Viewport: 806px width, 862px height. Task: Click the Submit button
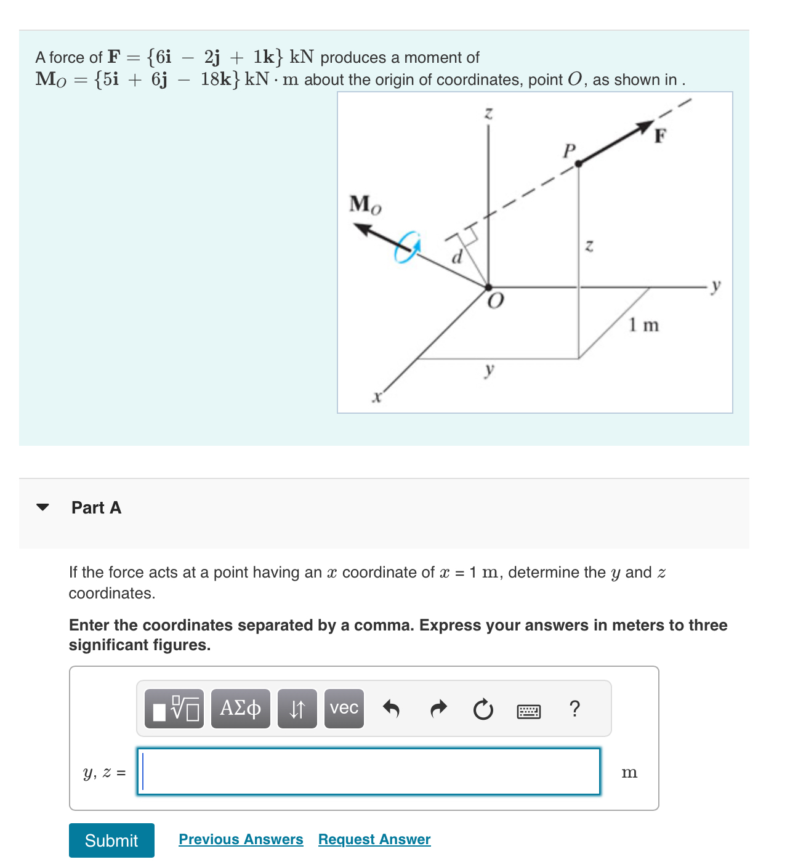pyautogui.click(x=111, y=840)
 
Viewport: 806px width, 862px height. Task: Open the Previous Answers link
pyautogui.click(x=241, y=839)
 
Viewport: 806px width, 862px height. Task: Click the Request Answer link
pyautogui.click(x=374, y=839)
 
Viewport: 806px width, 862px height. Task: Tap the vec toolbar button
pyautogui.click(x=344, y=709)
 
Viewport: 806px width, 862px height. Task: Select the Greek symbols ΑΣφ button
pyautogui.click(x=240, y=709)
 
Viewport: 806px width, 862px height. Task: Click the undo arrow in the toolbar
pyautogui.click(x=391, y=709)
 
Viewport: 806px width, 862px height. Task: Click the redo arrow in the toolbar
pyautogui.click(x=438, y=709)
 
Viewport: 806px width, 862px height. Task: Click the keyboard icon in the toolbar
pyautogui.click(x=528, y=712)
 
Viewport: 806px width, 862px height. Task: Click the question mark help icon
pyautogui.click(x=574, y=709)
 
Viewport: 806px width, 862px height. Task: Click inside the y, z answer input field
pyautogui.click(x=368, y=771)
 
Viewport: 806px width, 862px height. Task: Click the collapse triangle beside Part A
pyautogui.click(x=42, y=507)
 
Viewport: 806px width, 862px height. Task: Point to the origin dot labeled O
pyautogui.click(x=488, y=288)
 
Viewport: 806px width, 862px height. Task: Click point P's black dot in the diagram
pyautogui.click(x=578, y=163)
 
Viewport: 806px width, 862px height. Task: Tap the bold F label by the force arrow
pyautogui.click(x=660, y=135)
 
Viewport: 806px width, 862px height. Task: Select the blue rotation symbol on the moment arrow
pyautogui.click(x=407, y=248)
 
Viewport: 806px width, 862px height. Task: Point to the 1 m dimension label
pyautogui.click(x=643, y=324)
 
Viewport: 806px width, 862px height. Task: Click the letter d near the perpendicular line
pyautogui.click(x=456, y=257)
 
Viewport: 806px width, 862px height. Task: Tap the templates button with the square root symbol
pyautogui.click(x=176, y=709)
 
